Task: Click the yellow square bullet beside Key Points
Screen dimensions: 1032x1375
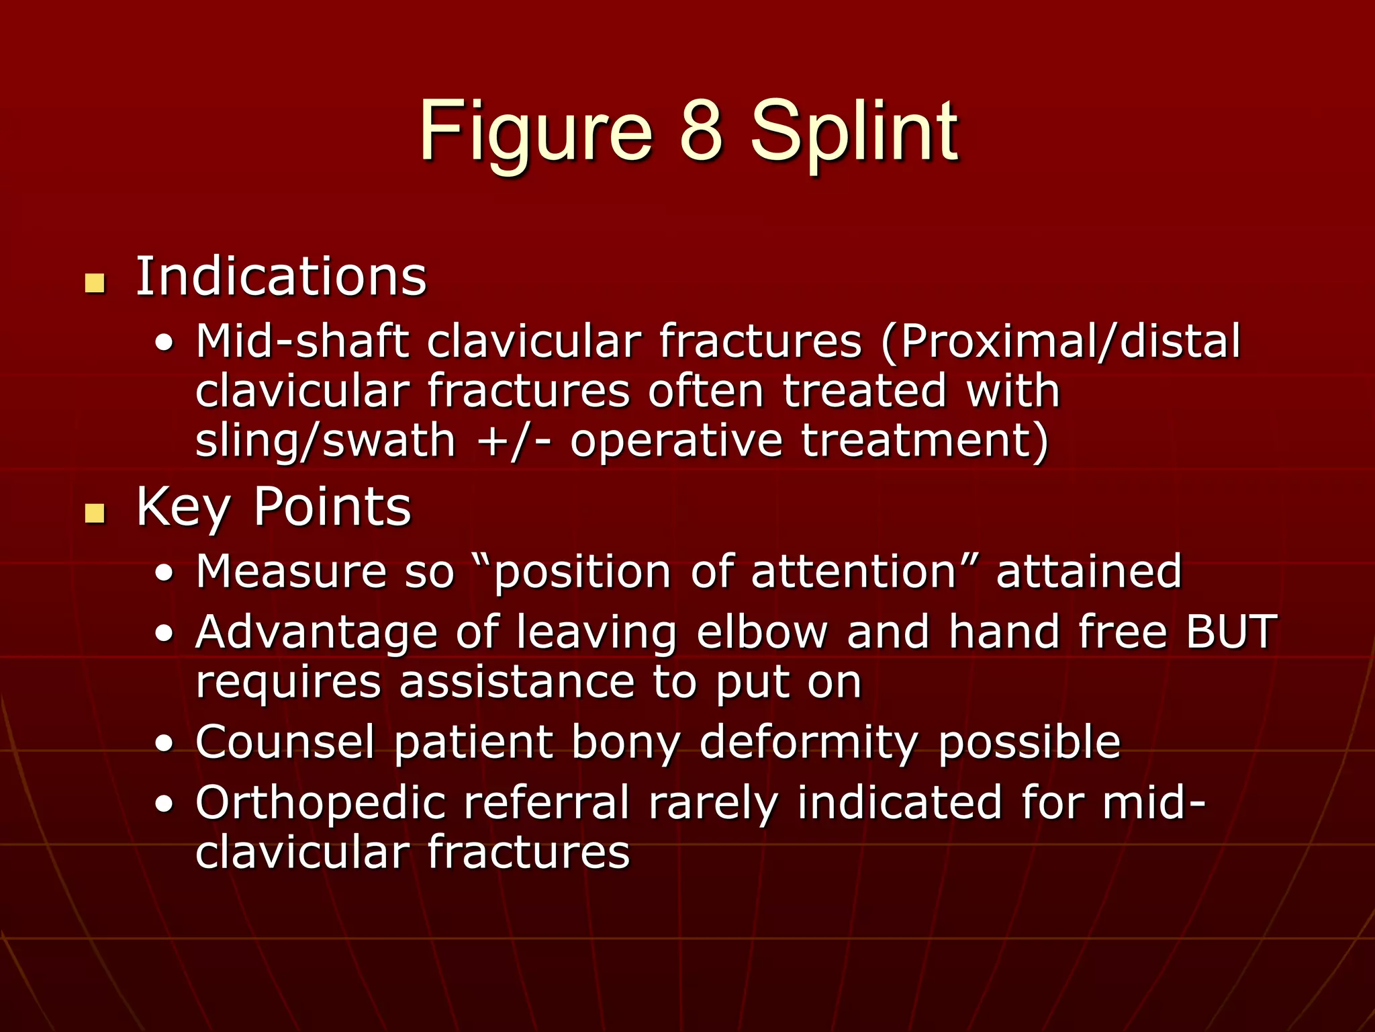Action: [95, 513]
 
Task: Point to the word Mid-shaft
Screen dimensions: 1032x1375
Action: [302, 341]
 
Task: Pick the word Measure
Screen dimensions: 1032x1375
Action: [291, 572]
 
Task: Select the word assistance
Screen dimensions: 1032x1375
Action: [516, 683]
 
